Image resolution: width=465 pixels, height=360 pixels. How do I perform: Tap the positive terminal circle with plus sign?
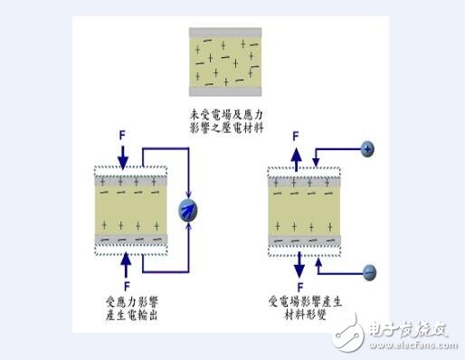coord(369,147)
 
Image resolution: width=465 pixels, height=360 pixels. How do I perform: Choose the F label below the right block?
coord(299,287)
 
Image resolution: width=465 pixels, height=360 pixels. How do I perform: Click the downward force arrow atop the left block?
coord(123,156)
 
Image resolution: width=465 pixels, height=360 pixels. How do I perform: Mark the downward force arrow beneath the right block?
coord(299,266)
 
